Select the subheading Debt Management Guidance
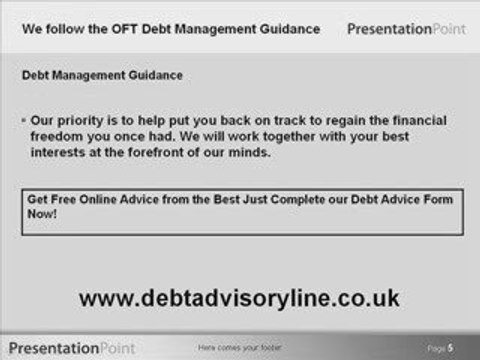tap(88, 76)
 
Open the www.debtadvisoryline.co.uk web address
tap(239, 297)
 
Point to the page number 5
tap(450, 347)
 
